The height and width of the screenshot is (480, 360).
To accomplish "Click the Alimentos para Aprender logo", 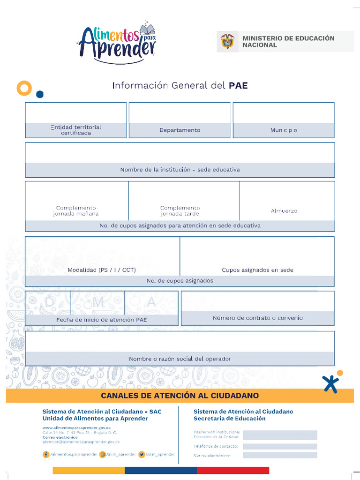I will tap(117, 43).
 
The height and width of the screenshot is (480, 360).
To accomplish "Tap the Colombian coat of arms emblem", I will tap(227, 42).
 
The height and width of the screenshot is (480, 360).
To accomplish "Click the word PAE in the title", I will tap(238, 85).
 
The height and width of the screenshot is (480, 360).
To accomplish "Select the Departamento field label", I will tap(180, 130).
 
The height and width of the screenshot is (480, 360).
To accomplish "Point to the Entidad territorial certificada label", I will tap(76, 130).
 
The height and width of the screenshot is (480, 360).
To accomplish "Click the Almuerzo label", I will tap(284, 211).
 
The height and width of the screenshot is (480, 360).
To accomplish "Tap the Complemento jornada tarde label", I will tap(180, 210).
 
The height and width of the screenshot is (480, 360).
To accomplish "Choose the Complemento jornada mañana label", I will tap(76, 210).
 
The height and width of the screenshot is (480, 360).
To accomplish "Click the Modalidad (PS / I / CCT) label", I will tap(102, 270).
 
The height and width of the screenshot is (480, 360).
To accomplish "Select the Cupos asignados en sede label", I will tap(257, 270).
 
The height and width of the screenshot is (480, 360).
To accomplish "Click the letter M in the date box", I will tap(98, 303).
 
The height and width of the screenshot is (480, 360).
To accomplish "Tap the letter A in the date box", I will tap(151, 303).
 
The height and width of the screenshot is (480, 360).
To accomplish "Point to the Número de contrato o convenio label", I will tap(258, 318).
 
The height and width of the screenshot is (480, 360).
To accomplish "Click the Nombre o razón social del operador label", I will tap(180, 359).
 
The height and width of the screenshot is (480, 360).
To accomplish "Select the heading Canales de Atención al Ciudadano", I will tap(180, 396).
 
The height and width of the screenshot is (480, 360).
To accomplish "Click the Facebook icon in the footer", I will tap(46, 454).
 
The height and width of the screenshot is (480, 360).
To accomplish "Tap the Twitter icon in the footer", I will tap(141, 454).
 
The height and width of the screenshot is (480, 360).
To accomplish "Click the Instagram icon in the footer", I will tap(102, 454).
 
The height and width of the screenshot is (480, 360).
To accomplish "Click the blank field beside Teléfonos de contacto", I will tap(280, 446).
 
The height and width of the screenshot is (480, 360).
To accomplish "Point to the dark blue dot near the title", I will tap(40, 94).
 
